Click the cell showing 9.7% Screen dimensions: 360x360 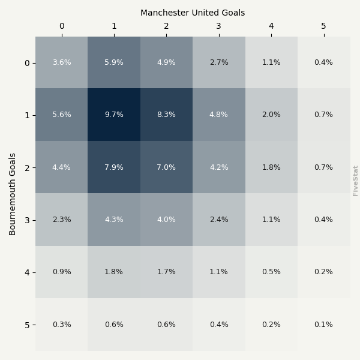(x=114, y=115)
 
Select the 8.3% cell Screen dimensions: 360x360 (x=166, y=115)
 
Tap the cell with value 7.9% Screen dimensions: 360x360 (x=114, y=167)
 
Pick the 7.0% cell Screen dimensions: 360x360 (x=166, y=167)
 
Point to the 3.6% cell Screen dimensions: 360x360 (x=62, y=62)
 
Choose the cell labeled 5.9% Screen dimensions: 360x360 (x=114, y=62)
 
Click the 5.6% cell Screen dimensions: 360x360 (x=62, y=115)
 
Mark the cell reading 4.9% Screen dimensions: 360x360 (x=166, y=62)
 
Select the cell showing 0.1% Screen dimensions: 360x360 (x=323, y=325)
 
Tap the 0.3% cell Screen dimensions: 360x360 (x=62, y=325)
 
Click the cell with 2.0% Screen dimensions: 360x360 (x=271, y=115)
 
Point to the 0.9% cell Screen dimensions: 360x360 (x=62, y=272)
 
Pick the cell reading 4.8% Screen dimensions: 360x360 (x=219, y=115)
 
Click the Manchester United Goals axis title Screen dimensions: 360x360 (x=193, y=13)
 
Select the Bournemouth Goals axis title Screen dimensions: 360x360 (x=13, y=194)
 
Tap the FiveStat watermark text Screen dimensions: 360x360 (x=356, y=181)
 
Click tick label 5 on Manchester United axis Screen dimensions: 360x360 (x=323, y=26)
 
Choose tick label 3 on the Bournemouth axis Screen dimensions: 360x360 (x=27, y=220)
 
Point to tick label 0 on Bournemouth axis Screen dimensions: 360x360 (x=27, y=63)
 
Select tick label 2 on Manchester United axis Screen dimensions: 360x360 (x=166, y=26)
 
